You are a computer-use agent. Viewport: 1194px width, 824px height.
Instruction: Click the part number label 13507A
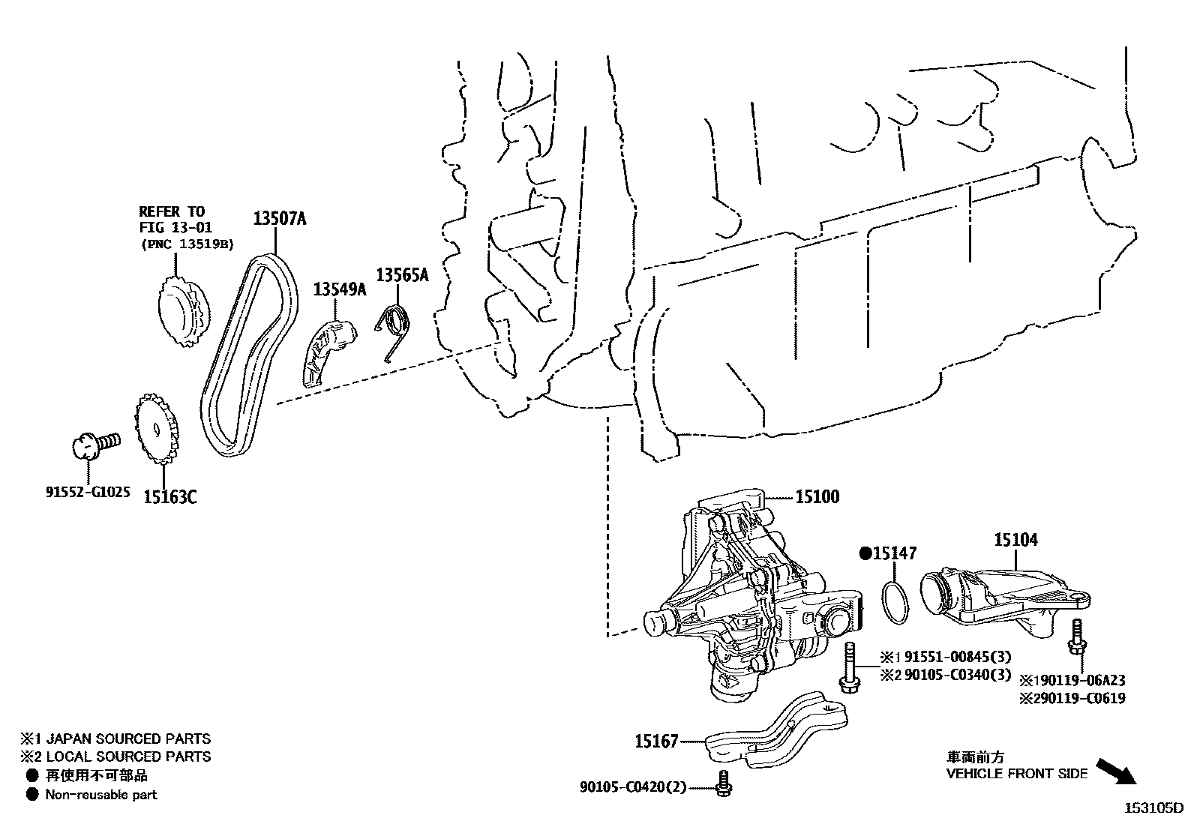tap(280, 218)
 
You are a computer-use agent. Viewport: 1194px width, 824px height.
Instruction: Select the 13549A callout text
tap(340, 289)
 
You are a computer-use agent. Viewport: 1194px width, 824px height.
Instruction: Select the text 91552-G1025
tap(88, 493)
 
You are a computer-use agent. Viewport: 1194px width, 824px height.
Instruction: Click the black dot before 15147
tap(864, 553)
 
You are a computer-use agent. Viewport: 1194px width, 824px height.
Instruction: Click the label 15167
tap(656, 742)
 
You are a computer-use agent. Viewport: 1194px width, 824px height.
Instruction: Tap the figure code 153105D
tap(1153, 808)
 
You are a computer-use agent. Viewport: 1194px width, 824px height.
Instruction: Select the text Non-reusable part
tap(101, 795)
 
